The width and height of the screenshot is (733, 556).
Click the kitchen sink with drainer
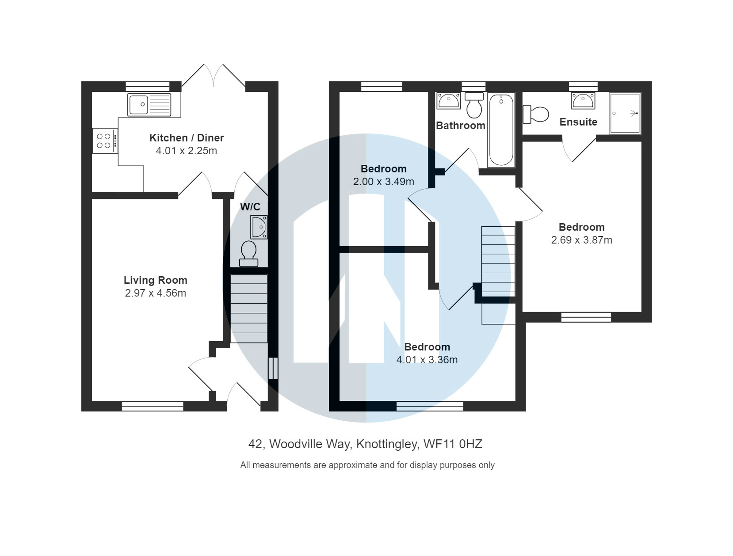tap(149, 105)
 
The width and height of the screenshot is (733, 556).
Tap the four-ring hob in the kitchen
tap(104, 141)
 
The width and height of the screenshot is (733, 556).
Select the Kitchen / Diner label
tap(187, 138)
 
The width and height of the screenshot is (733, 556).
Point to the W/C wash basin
tap(259, 227)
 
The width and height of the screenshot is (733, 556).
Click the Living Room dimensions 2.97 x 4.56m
tap(156, 293)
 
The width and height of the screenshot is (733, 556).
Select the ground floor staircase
tap(249, 308)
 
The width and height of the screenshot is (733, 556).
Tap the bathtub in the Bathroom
tap(501, 130)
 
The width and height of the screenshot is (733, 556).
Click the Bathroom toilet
tap(474, 105)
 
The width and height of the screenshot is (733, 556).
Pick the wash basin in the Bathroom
tap(449, 101)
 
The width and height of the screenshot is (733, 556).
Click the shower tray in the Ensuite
tap(625, 113)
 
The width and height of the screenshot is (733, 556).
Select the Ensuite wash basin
tap(583, 101)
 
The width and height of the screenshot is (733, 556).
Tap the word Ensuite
tap(578, 122)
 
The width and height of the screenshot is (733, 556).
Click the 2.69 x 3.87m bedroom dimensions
tap(581, 240)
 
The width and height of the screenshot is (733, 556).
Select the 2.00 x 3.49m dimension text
tap(383, 182)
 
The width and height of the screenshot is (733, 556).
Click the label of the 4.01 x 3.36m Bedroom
tap(427, 347)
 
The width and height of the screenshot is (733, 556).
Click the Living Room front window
tap(153, 406)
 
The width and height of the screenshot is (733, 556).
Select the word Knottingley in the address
tap(387, 444)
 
